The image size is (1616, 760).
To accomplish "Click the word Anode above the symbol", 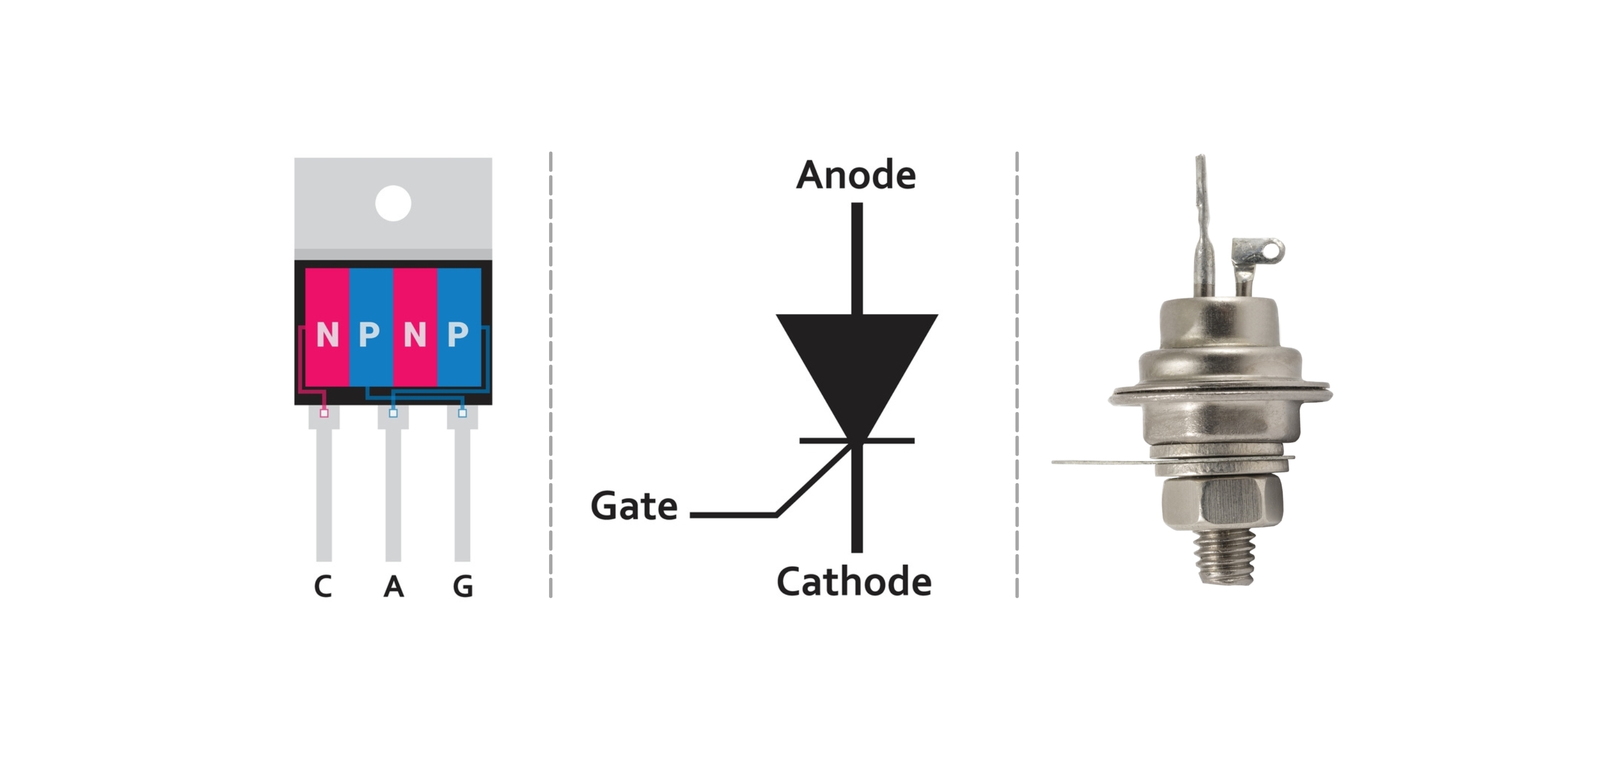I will [x=855, y=175].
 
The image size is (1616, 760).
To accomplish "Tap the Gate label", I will [x=634, y=506].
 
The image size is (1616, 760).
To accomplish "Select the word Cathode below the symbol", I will [x=854, y=581].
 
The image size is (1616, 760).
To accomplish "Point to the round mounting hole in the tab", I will [x=393, y=203].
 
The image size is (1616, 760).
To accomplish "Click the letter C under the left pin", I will [x=323, y=587].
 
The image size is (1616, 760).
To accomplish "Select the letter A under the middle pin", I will [x=393, y=587].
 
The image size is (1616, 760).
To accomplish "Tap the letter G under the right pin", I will [x=463, y=587].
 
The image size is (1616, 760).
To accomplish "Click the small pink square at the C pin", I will [x=324, y=413].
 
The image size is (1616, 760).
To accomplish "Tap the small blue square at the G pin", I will [x=462, y=413].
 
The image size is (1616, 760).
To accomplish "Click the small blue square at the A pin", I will [x=393, y=413].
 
